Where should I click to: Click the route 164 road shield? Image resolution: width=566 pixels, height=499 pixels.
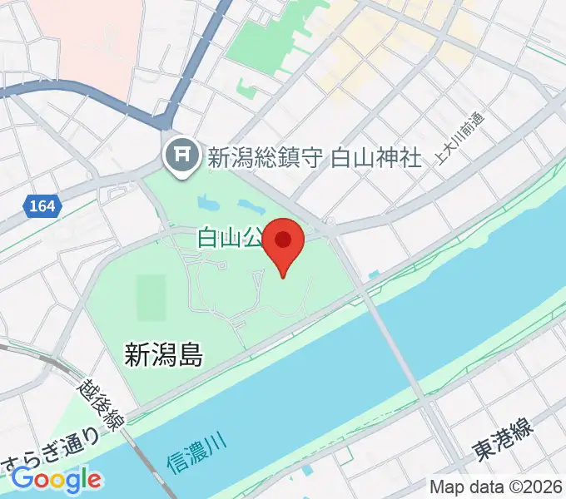coord(42,205)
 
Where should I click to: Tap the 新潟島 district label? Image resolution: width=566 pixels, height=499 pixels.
coord(164,356)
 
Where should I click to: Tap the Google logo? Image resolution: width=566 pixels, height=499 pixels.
coord(56,480)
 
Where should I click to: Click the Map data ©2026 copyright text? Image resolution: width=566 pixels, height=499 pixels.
coord(495,487)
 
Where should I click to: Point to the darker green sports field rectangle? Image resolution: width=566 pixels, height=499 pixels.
coord(151,298)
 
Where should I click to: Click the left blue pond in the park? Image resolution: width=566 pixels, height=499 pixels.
coord(206,202)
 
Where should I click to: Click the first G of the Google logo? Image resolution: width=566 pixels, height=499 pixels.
coord(22,479)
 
